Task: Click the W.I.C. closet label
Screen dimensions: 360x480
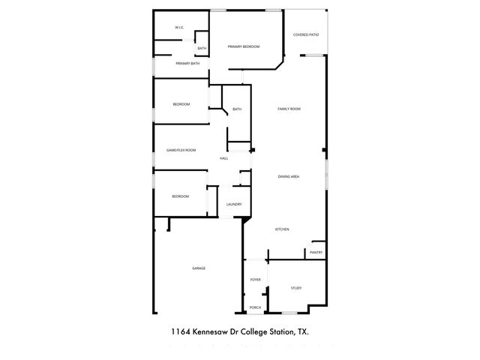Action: point(180,28)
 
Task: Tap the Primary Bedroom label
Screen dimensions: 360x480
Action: point(244,46)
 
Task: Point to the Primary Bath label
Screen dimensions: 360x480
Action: point(187,64)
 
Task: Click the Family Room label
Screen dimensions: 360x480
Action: point(289,109)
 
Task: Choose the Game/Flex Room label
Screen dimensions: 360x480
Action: point(181,150)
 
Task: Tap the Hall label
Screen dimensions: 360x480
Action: point(223,159)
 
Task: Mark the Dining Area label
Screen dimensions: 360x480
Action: point(289,176)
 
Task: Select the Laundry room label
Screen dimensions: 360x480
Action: point(233,204)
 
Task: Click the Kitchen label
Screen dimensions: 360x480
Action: point(282,229)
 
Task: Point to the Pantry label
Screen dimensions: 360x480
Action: point(316,253)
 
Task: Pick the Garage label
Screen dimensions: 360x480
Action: point(199,268)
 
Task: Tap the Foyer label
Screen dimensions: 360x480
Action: point(256,279)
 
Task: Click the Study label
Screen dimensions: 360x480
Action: point(296,288)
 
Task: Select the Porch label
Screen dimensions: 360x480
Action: point(256,307)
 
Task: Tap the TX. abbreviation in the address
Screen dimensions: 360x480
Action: point(303,330)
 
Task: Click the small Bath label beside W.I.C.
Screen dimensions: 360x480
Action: point(202,49)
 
